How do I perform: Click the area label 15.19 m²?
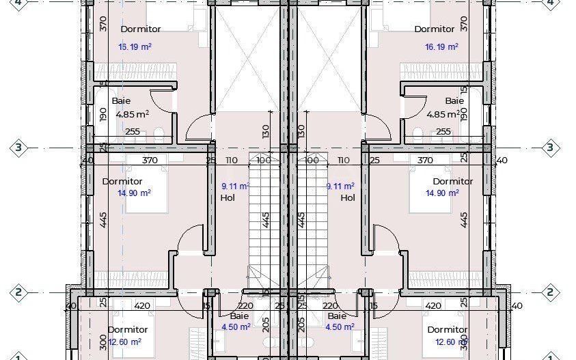135,47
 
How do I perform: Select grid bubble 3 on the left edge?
18,148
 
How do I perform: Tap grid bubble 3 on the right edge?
551,148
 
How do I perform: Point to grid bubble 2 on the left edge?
18,292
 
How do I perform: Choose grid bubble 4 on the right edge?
551,3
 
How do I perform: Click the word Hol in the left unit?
228,198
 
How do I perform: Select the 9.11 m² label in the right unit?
340,186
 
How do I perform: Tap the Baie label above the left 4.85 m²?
121,100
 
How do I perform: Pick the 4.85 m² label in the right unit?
441,114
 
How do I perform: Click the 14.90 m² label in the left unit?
134,193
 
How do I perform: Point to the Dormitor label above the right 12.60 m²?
448,329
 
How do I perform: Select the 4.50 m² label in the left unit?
236,327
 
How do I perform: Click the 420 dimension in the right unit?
433,305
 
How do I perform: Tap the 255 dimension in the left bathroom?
133,132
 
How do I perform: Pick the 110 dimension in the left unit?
231,161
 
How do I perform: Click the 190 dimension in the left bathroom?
103,113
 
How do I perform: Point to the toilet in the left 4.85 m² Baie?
159,133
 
